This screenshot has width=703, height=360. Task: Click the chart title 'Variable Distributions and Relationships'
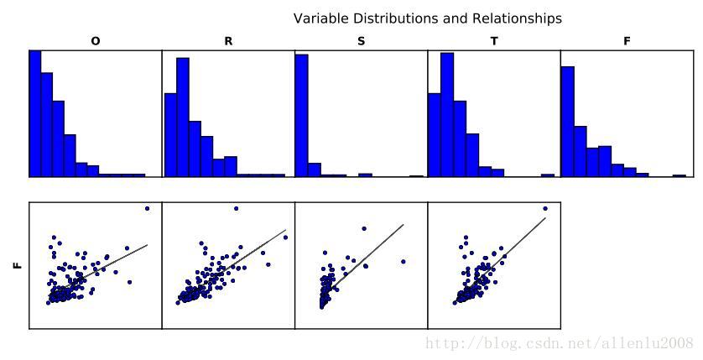pyautogui.click(x=427, y=18)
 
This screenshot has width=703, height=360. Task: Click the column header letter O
pyautogui.click(x=95, y=41)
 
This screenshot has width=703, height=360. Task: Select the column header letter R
pyautogui.click(x=228, y=41)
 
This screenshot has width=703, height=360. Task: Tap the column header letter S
pyautogui.click(x=361, y=41)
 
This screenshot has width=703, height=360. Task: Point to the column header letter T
pyautogui.click(x=494, y=41)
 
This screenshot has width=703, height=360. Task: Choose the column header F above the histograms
pyautogui.click(x=627, y=41)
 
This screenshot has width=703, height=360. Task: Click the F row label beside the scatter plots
pyautogui.click(x=18, y=265)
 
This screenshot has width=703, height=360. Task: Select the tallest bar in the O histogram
pyautogui.click(x=35, y=113)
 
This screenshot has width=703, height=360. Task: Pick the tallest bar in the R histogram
pyautogui.click(x=182, y=117)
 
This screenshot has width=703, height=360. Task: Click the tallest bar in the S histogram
pyautogui.click(x=302, y=116)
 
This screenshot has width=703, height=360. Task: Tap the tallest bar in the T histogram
pyautogui.click(x=447, y=115)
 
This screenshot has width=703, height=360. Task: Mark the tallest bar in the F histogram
pyautogui.click(x=567, y=122)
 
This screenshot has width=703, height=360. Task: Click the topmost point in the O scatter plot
pyautogui.click(x=147, y=208)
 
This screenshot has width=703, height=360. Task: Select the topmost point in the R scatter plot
pyautogui.click(x=236, y=208)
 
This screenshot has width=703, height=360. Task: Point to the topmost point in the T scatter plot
pyautogui.click(x=545, y=208)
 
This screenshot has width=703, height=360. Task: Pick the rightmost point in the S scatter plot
pyautogui.click(x=403, y=261)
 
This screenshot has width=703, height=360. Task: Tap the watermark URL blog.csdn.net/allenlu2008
pyautogui.click(x=560, y=343)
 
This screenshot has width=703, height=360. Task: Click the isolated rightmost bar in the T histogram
pyautogui.click(x=548, y=175)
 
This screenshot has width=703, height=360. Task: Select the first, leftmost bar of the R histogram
pyautogui.click(x=170, y=134)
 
